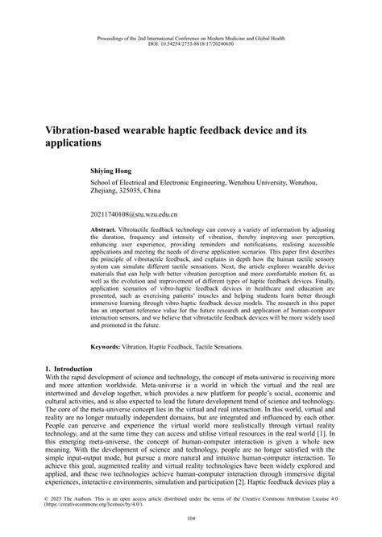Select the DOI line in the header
pos(191,43)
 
